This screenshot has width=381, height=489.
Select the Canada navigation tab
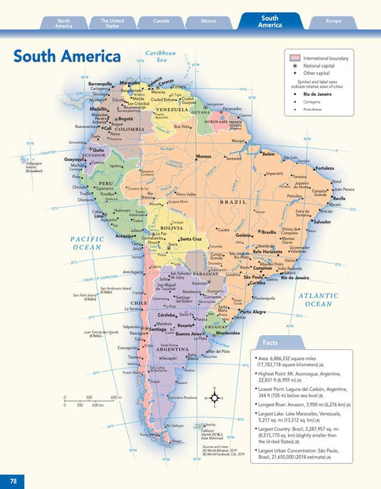161,21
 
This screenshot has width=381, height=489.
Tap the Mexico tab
209,21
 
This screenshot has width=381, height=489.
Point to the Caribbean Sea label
161,57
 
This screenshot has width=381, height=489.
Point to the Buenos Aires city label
189,334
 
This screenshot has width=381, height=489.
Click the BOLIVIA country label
172,227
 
